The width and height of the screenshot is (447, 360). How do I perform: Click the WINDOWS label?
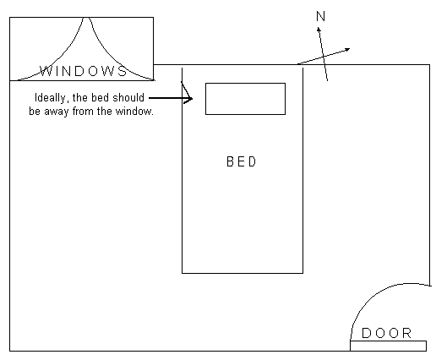coord(84,71)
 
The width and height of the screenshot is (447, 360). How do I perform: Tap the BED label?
coord(242,161)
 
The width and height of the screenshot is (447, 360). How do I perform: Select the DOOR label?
coord(386,333)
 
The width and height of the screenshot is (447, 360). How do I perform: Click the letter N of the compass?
coord(321,16)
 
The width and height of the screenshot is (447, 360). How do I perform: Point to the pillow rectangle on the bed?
coord(245,99)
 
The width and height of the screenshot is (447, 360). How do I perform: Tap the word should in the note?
coord(128,97)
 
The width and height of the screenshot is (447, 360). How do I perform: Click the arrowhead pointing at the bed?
coord(189,99)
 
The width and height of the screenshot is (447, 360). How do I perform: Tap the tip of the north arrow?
coord(319,27)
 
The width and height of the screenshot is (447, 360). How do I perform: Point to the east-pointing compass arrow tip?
coord(350,49)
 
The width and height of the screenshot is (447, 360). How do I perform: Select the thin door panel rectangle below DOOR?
coord(389,346)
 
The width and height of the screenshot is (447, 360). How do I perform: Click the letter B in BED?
coord(230,161)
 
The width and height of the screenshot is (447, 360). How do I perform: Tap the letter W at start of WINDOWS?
coord(46,71)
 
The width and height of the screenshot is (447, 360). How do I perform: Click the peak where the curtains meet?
coord(87,18)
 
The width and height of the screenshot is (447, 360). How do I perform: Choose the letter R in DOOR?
coord(407,333)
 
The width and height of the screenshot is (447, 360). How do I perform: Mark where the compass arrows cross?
coord(324,57)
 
